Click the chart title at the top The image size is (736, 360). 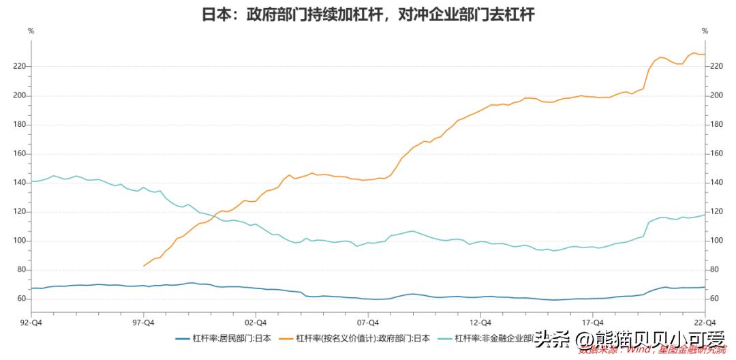pyautogui.click(x=368, y=14)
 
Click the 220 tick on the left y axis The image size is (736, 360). pyautogui.click(x=20, y=66)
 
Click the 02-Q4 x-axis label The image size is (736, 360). pyautogui.click(x=256, y=322)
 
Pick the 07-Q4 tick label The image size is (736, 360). pyautogui.click(x=368, y=322)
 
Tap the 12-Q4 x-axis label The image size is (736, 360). pyautogui.click(x=480, y=322)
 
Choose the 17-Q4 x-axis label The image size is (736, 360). pyautogui.click(x=593, y=322)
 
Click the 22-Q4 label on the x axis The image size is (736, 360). pyautogui.click(x=705, y=322)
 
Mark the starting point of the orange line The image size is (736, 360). pyautogui.click(x=143, y=266)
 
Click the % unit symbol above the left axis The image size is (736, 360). pyautogui.click(x=31, y=31)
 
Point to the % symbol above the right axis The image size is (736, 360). pyautogui.click(x=705, y=31)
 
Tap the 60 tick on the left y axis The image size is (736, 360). pyautogui.click(x=22, y=299)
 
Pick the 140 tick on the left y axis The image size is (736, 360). pyautogui.click(x=20, y=183)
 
